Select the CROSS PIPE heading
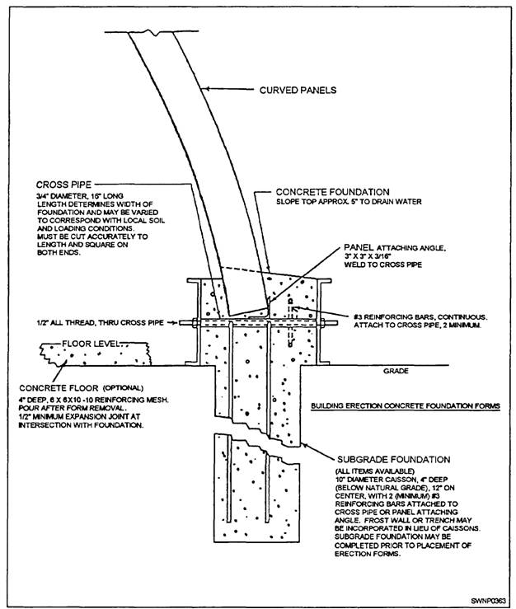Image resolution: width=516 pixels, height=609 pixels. click(64, 185)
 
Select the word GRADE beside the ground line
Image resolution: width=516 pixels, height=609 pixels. click(395, 372)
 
